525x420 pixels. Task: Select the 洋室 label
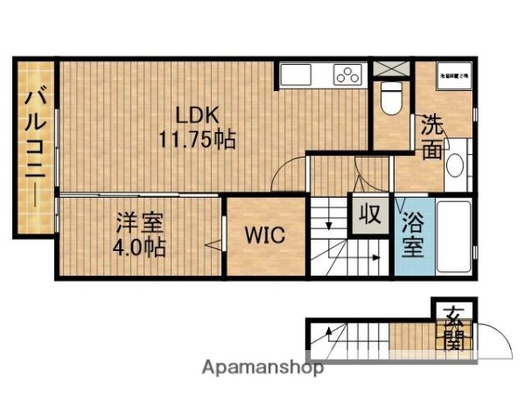140,222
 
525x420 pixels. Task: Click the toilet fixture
391,99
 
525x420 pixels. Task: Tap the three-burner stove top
347,75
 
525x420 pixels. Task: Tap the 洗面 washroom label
431,137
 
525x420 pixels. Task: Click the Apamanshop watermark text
262,367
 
